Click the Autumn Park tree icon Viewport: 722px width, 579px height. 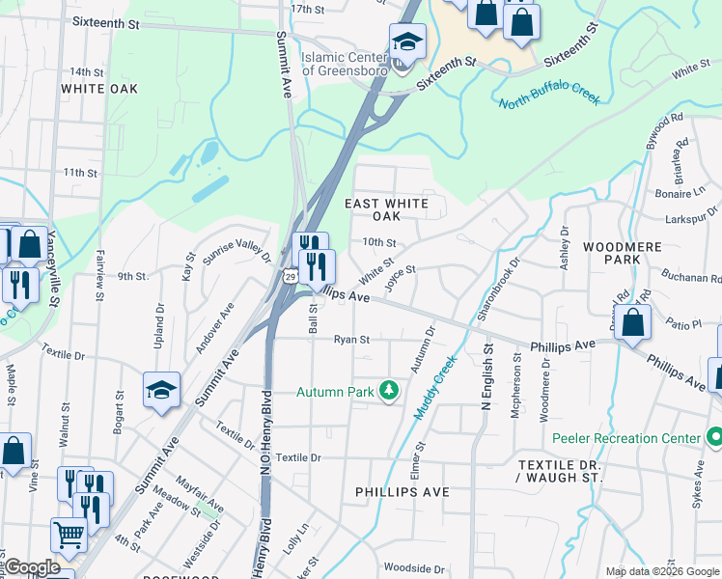point(389,391)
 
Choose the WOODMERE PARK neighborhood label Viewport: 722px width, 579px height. point(624,254)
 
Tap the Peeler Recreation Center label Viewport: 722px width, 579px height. point(625,439)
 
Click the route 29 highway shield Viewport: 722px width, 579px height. point(290,276)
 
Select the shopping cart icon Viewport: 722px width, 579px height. point(69,534)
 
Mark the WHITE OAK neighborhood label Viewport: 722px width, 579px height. point(98,89)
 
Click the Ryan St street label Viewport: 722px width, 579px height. point(352,340)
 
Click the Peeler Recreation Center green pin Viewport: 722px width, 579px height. point(713,439)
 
